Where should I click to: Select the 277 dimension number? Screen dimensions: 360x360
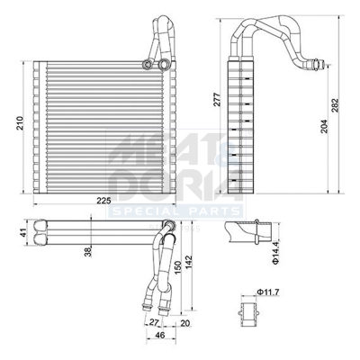pos(216,100)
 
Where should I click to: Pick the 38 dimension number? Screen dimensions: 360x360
pos(87,252)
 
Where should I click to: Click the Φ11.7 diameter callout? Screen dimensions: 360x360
pos(269,292)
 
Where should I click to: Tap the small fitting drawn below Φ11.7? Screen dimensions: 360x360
pos(249,314)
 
